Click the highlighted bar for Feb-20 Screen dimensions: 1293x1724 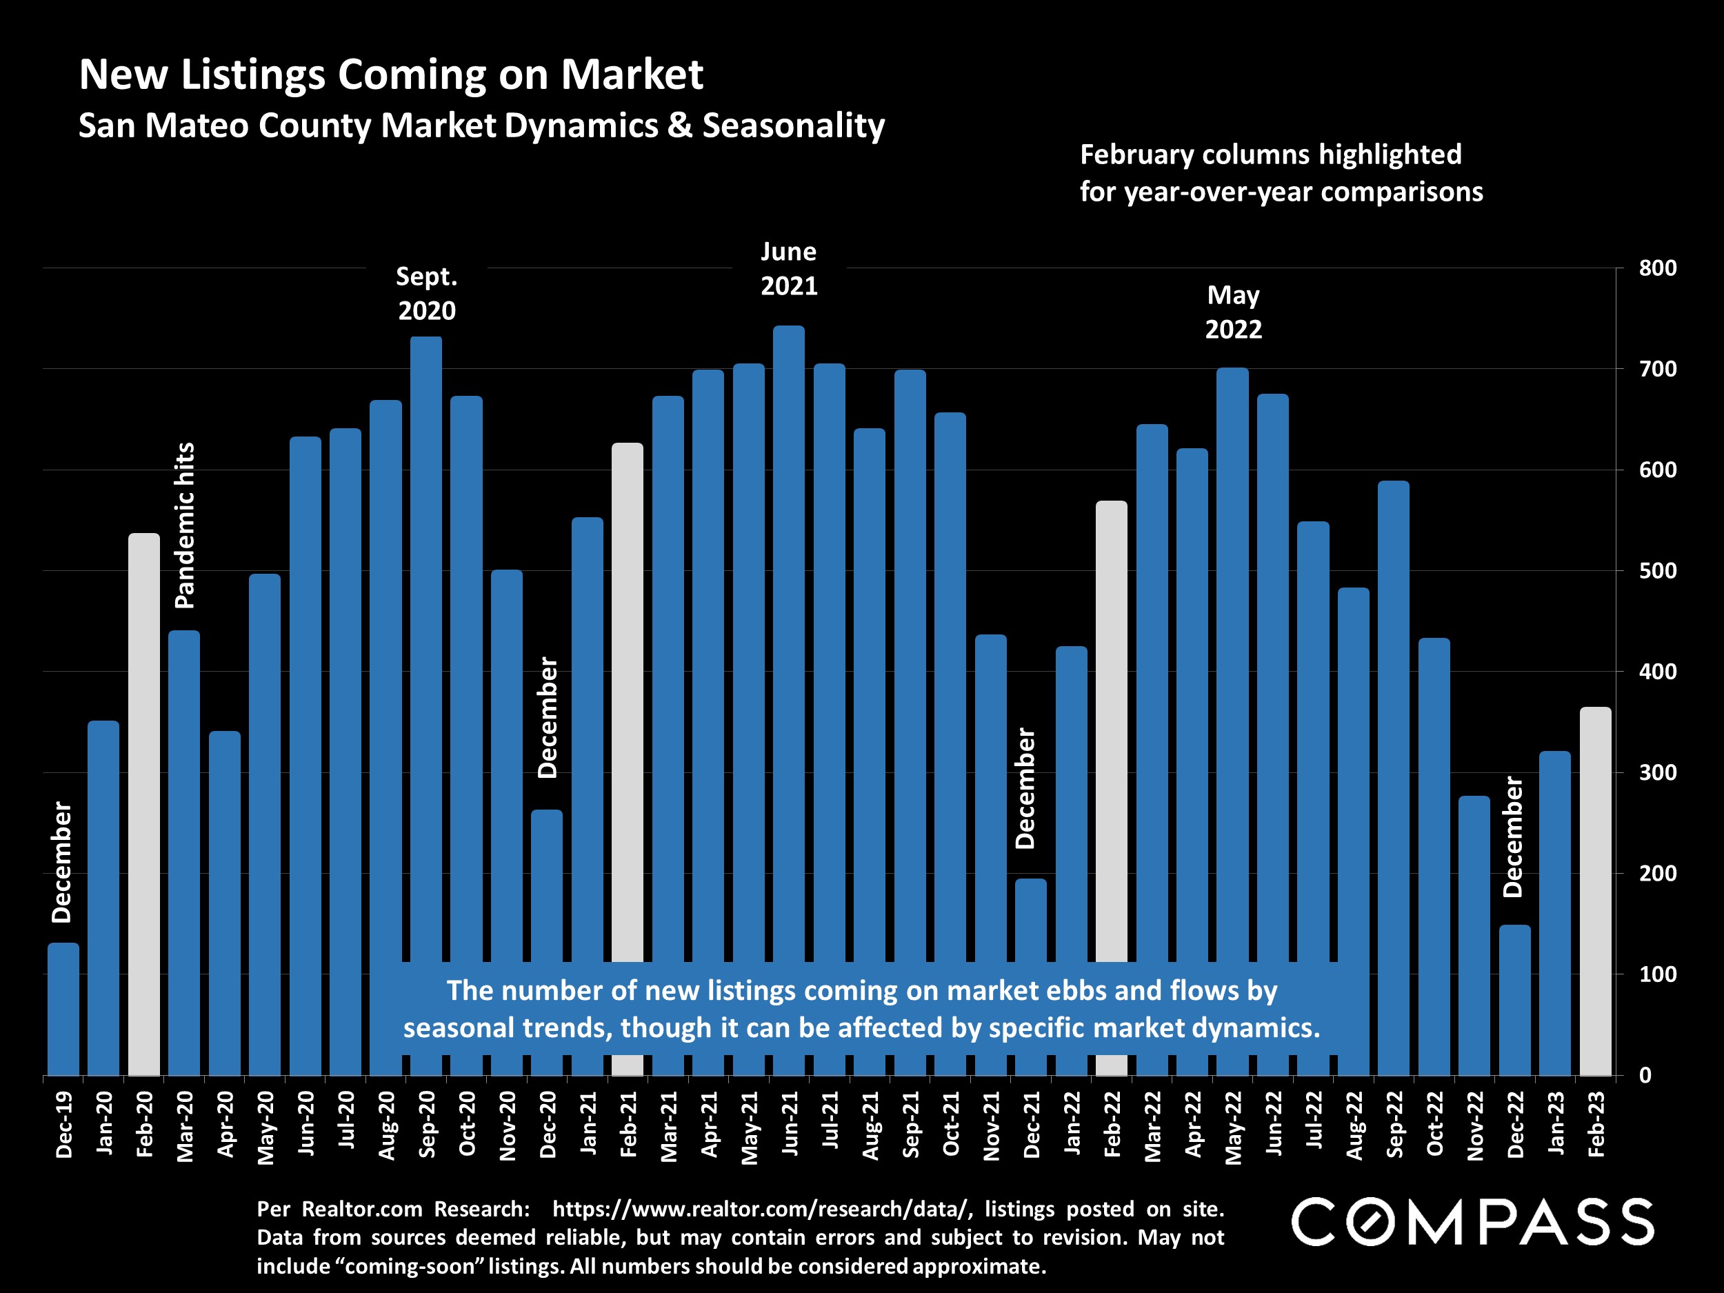tap(144, 803)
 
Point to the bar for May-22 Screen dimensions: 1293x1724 tap(1232, 663)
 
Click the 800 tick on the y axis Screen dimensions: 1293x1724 tap(1658, 268)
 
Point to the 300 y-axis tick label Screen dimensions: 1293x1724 tap(1658, 772)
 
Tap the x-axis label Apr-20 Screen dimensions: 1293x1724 tap(225, 1124)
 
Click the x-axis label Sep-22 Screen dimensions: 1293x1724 tap(1394, 1124)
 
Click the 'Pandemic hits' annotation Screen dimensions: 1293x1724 tap(185, 525)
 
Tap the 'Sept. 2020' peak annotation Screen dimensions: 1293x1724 tap(426, 294)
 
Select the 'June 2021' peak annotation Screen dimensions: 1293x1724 tap(789, 269)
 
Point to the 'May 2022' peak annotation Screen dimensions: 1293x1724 tap(1233, 312)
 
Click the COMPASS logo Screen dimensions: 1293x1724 tap(1472, 1221)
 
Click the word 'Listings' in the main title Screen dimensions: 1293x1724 tap(252, 74)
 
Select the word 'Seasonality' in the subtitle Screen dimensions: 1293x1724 tap(794, 126)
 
